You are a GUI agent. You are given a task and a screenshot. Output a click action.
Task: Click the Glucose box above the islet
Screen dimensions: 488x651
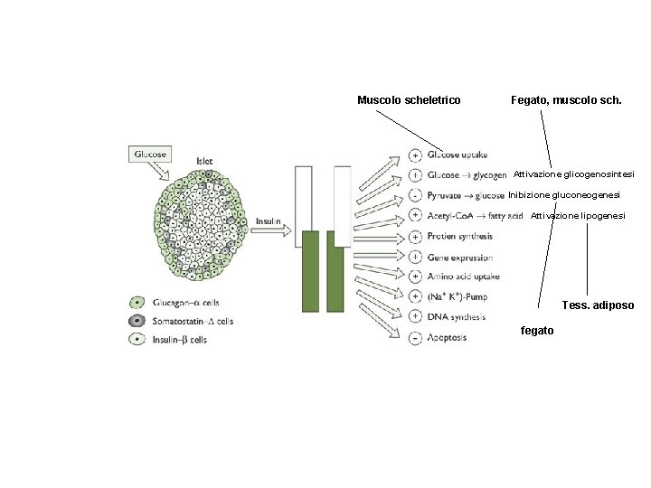point(150,154)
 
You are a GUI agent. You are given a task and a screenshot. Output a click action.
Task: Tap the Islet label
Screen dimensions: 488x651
point(205,160)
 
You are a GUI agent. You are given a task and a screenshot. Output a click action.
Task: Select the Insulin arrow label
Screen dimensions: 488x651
point(269,221)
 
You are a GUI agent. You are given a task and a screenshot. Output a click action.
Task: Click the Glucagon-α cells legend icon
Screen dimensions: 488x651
point(137,303)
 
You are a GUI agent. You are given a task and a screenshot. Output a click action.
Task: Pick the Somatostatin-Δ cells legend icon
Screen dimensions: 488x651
point(137,321)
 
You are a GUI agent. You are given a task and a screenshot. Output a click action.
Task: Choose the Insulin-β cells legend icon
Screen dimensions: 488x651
point(137,340)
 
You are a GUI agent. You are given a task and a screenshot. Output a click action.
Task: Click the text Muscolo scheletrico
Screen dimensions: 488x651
point(409,99)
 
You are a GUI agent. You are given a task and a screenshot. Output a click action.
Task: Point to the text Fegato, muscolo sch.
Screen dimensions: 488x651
point(566,99)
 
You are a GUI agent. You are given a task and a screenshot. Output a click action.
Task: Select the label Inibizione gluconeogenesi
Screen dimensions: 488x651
point(564,195)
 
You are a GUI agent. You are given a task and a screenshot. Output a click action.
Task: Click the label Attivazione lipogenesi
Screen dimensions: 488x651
point(578,216)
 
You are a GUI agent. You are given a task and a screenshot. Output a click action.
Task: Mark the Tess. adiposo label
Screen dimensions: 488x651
point(598,305)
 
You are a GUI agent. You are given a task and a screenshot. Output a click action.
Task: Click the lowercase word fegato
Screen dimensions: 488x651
point(538,331)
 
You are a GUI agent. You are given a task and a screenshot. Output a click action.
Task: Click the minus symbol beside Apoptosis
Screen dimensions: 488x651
point(414,338)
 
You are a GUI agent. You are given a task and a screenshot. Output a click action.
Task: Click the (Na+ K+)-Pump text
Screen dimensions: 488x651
point(458,296)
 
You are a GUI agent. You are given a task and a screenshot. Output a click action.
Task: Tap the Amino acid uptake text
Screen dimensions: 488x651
point(463,277)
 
